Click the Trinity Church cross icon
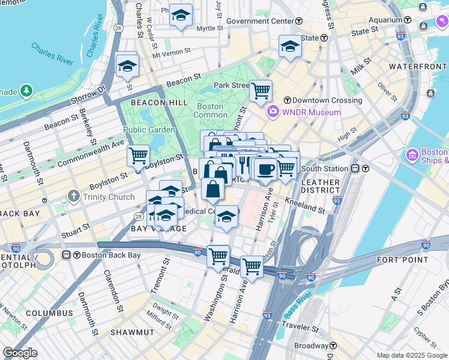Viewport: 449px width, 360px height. click(73, 196)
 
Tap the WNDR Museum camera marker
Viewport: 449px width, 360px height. click(273, 112)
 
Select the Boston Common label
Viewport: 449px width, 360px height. click(209, 111)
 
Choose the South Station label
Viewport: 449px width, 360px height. click(328, 168)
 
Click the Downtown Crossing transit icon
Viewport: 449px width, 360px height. click(287, 100)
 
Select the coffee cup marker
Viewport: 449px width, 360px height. click(265, 169)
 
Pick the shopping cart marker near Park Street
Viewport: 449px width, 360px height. click(261, 91)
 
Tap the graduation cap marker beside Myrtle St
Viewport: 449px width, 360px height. click(180, 15)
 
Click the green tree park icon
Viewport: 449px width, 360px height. click(26, 91)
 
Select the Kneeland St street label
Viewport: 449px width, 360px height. click(304, 206)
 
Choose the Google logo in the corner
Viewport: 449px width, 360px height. click(20, 353)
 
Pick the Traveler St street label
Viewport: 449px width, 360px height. click(314, 328)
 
